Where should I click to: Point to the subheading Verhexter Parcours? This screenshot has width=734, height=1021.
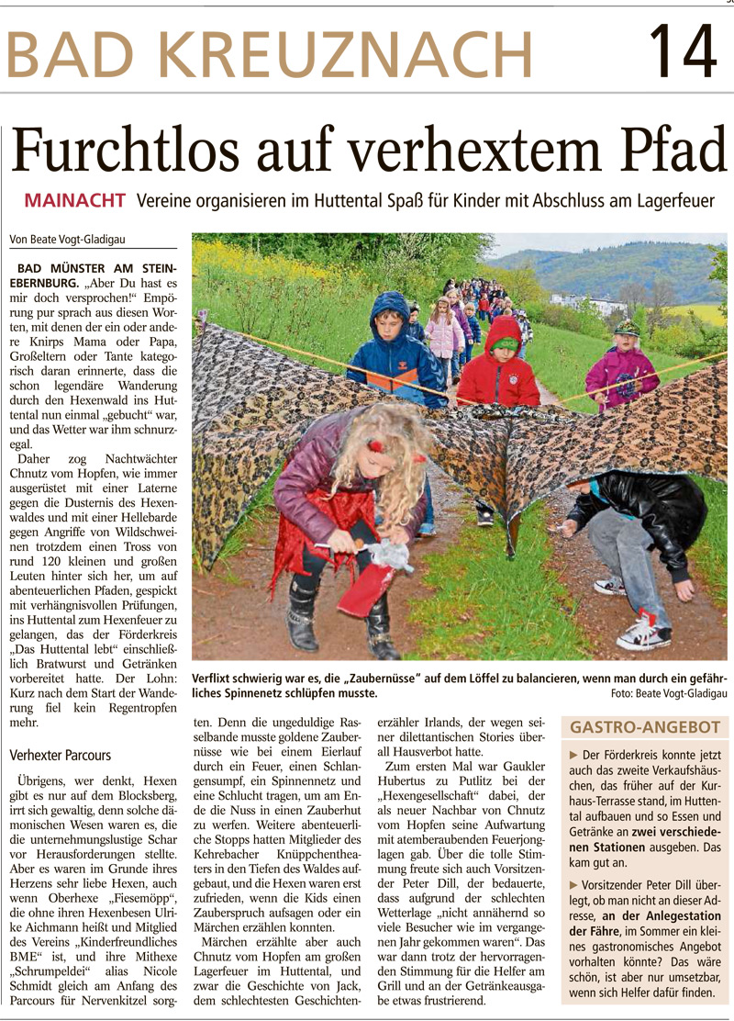tap(60, 756)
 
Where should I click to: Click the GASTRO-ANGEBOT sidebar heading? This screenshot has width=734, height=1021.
tap(645, 727)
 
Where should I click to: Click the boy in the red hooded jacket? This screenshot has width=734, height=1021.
tap(499, 363)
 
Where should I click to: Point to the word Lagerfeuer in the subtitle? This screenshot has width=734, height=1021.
tap(681, 200)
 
